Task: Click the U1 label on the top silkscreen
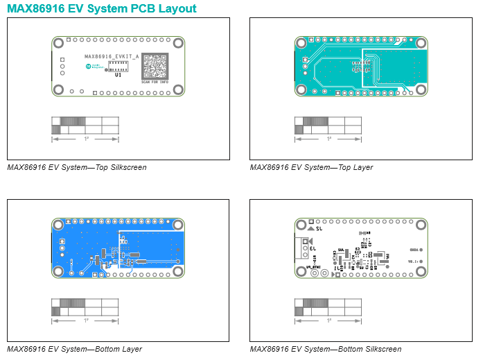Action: pos(118,74)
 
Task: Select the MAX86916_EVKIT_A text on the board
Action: pos(111,55)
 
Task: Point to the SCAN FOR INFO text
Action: pos(155,83)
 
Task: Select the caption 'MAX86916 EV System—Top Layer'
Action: pos(311,167)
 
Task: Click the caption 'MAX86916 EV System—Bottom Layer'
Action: pos(74,349)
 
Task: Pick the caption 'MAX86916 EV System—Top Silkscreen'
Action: pos(76,167)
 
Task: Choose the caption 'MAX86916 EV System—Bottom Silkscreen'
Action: pos(325,349)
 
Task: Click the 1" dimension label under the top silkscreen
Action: pos(87,139)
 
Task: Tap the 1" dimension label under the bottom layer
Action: pos(87,321)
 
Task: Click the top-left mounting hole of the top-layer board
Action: pos(301,43)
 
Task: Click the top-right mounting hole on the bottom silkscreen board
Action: pos(420,225)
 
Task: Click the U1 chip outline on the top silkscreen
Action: pos(118,66)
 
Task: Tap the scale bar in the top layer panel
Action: pos(328,125)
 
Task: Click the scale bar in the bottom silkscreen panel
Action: pos(328,307)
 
